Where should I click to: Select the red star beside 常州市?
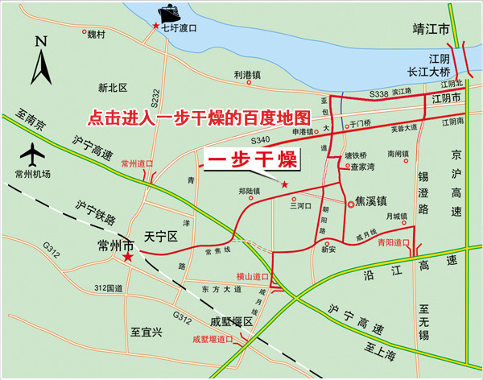coord(127,257)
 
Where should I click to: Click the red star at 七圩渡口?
coord(156,27)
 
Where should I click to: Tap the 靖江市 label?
coord(428,29)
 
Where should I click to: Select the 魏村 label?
coord(97,34)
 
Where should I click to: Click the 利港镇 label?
coord(248,75)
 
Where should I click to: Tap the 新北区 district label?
coord(114,87)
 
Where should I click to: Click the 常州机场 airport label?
coord(32,174)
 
